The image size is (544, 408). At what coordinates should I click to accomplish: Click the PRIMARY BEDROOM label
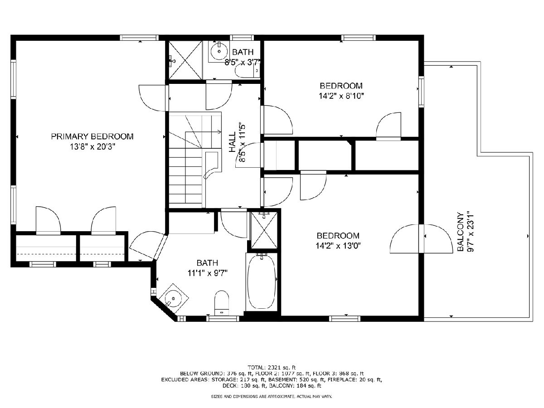coord(92,136)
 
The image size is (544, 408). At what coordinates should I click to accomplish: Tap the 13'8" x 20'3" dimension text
coord(92,147)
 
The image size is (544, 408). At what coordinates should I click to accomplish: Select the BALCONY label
coord(460,232)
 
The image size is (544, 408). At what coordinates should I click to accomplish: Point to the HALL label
coord(232,142)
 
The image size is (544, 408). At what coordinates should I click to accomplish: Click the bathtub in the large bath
coord(262,282)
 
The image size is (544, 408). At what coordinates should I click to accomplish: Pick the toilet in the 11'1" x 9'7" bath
coord(222,303)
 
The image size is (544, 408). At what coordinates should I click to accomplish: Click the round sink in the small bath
coord(219,52)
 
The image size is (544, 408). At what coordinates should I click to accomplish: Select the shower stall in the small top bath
coord(185,60)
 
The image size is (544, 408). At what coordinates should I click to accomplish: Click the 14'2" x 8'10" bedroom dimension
coord(341,96)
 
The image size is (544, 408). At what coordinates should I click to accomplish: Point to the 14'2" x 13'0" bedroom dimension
coord(338,246)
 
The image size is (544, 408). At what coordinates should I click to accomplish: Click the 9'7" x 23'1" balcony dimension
coord(470,231)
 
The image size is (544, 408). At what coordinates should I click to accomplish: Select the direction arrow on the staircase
coord(195,131)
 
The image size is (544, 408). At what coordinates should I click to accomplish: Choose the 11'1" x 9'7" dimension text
coord(208,273)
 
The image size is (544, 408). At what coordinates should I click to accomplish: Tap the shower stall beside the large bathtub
coord(264,230)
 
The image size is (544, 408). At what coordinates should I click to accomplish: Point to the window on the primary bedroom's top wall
coord(139,38)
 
